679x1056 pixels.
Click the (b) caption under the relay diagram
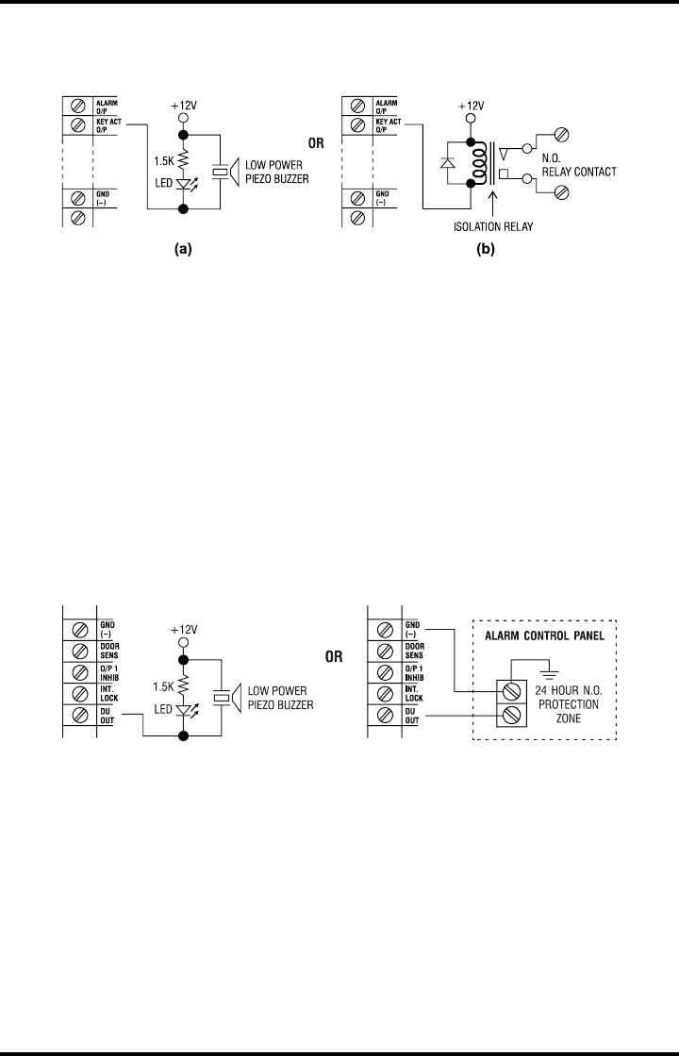[x=488, y=251]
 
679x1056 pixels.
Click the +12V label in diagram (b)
[x=472, y=107]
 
